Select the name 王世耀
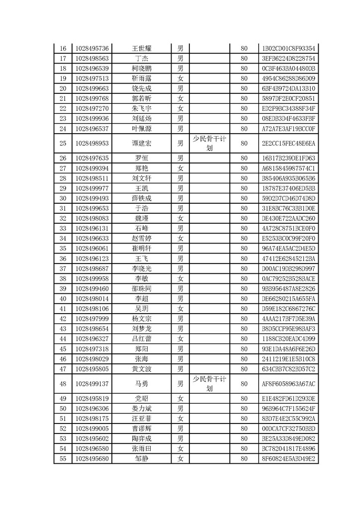click(141, 48)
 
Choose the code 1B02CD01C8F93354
click(288, 48)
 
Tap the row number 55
click(63, 459)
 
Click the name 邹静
click(141, 459)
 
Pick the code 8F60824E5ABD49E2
click(288, 459)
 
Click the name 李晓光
click(141, 268)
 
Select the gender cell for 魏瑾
click(180, 218)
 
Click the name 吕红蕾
click(141, 339)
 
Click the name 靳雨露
click(141, 79)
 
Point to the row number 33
click(63, 228)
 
